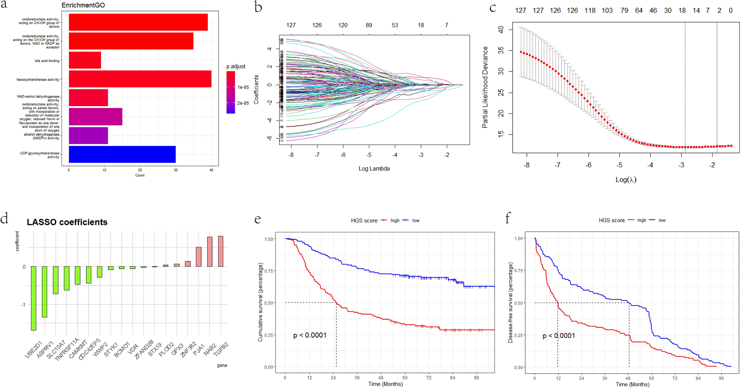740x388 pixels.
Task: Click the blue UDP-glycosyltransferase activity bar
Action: [x=122, y=154]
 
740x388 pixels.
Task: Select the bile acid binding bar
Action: [x=85, y=60]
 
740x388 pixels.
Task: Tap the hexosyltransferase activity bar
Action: [x=140, y=79]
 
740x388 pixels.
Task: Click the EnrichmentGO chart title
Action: [x=83, y=5]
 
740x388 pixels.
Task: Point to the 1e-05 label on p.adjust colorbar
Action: [x=243, y=87]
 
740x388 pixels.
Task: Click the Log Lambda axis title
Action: [x=374, y=169]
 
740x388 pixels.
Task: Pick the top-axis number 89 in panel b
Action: [x=369, y=25]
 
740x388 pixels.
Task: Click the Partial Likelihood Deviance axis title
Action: [x=485, y=87]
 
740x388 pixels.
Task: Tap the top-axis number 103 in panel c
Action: [x=607, y=11]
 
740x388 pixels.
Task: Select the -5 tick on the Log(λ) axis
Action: [x=619, y=165]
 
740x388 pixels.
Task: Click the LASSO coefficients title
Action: [x=67, y=222]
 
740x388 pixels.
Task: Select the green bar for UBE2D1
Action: [x=34, y=298]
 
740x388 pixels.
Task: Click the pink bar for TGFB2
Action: [x=221, y=251]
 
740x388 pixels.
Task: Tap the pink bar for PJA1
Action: [x=198, y=257]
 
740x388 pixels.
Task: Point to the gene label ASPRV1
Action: [x=45, y=349]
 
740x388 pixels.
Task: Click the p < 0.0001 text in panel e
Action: [x=310, y=335]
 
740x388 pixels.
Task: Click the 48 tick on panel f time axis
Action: [x=628, y=378]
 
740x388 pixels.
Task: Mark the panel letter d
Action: [x=4, y=218]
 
